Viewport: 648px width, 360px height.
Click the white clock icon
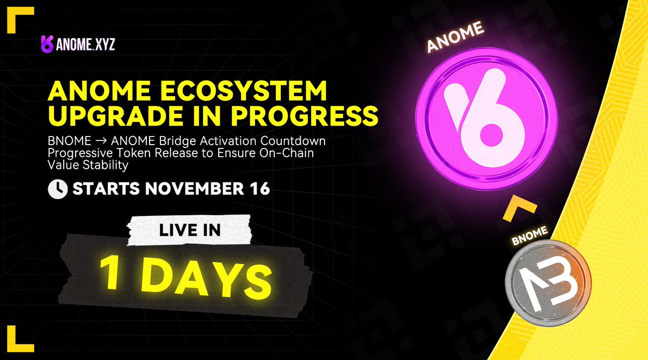point(58,189)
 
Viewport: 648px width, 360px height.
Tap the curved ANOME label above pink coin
point(455,38)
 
